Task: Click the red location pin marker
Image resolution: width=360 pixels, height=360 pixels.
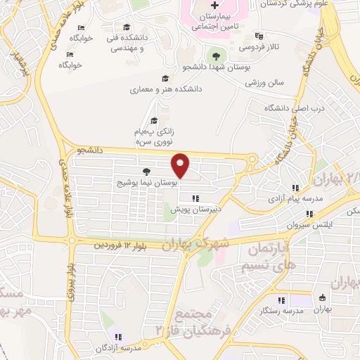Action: click(x=181, y=165)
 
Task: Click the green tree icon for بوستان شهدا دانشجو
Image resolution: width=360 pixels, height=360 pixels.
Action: click(x=213, y=53)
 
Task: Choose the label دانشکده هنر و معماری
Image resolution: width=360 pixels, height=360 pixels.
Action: click(x=166, y=90)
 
